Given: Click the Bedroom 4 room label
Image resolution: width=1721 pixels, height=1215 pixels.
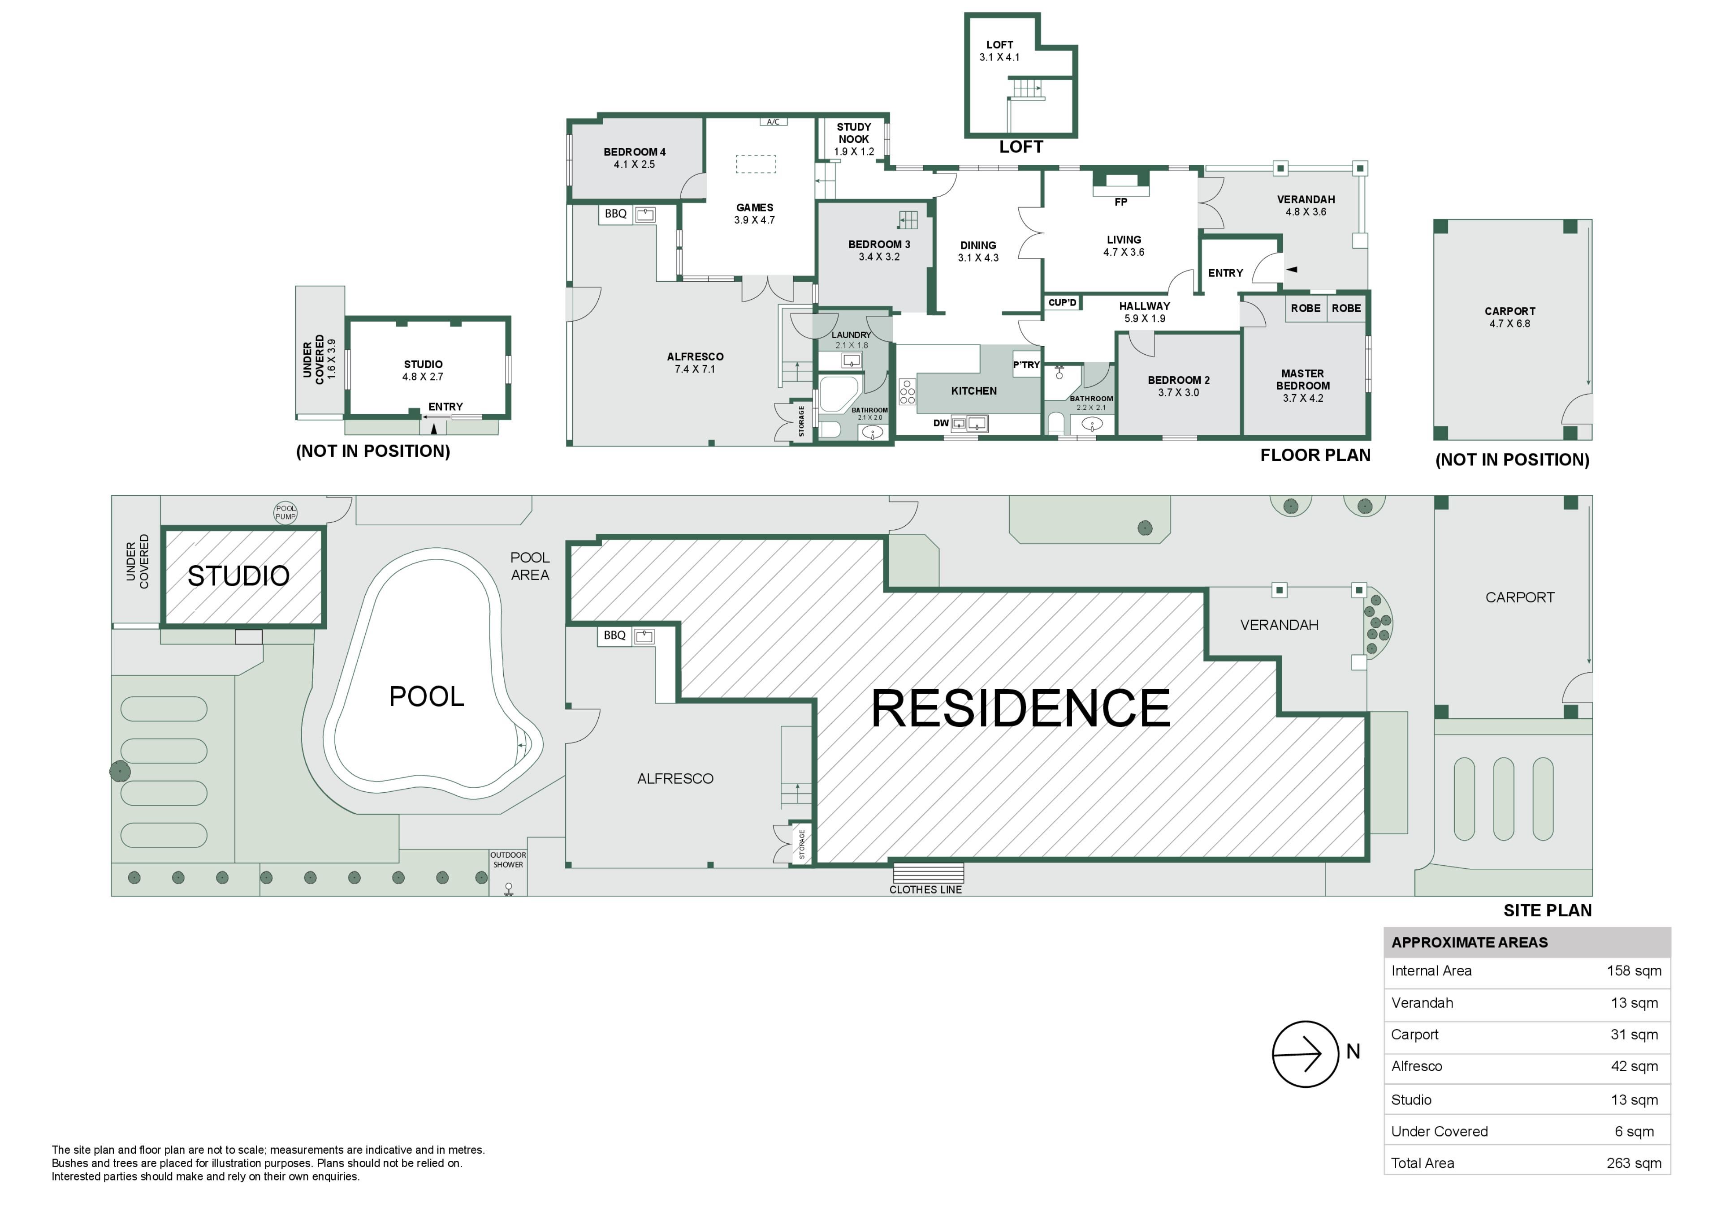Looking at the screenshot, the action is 634,152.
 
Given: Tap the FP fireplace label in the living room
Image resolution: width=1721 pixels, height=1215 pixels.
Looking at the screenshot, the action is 1120,202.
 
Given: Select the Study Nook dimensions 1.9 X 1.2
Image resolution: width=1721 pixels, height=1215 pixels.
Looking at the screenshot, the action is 854,151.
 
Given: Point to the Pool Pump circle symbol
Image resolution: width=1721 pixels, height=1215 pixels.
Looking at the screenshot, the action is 285,512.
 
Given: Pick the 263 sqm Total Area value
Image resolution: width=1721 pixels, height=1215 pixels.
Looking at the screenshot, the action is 1634,1163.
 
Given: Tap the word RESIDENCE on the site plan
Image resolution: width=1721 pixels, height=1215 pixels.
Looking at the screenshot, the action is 1020,708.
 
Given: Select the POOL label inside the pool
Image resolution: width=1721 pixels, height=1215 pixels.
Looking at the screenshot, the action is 426,697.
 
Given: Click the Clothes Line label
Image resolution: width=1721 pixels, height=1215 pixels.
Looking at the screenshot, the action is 926,890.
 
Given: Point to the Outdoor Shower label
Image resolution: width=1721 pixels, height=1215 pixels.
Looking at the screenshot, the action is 508,860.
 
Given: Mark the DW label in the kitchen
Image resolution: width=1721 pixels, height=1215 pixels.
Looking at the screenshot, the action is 941,423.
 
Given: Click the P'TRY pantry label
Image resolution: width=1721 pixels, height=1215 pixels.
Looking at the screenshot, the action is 1026,365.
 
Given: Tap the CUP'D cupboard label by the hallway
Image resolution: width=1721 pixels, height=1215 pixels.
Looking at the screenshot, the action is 1062,303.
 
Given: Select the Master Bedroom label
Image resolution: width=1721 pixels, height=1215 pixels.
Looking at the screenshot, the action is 1303,380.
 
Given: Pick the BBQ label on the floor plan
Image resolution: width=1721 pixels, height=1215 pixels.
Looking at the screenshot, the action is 615,214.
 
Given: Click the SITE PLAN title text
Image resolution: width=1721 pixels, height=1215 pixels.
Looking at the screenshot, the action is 1547,911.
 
